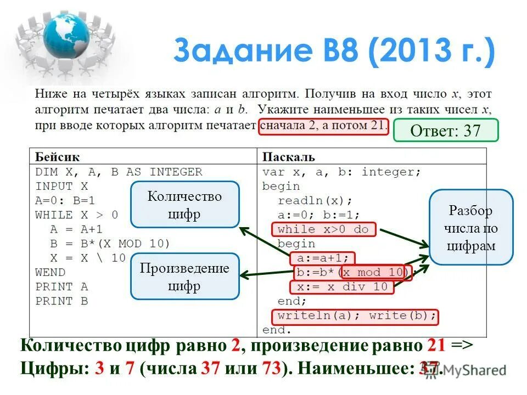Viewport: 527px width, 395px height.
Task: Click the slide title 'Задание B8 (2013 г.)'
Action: (x=334, y=51)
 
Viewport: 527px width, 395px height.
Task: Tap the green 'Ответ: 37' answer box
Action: (x=445, y=131)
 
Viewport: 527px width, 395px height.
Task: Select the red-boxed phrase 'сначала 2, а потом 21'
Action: (x=323, y=126)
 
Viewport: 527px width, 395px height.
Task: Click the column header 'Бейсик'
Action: (x=54, y=157)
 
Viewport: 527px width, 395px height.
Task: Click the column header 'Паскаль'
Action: (x=288, y=157)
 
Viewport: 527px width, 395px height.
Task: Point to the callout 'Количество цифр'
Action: (x=184, y=204)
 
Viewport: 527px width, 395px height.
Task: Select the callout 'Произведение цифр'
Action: (x=184, y=276)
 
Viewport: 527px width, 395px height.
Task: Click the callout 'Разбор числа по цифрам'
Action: (x=470, y=227)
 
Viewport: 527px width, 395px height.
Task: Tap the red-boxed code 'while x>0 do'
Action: (x=323, y=229)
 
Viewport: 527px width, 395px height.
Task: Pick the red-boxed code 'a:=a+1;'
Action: (x=323, y=258)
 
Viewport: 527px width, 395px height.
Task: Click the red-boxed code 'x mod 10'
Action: (x=374, y=272)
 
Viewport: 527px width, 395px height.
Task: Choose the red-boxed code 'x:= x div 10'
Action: (x=341, y=286)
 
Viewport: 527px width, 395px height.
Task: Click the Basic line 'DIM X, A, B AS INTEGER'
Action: (x=119, y=172)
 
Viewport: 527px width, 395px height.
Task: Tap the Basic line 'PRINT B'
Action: (x=61, y=301)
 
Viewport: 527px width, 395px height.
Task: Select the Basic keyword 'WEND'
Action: (x=50, y=272)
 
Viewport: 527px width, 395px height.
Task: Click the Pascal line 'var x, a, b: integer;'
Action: (x=341, y=172)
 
